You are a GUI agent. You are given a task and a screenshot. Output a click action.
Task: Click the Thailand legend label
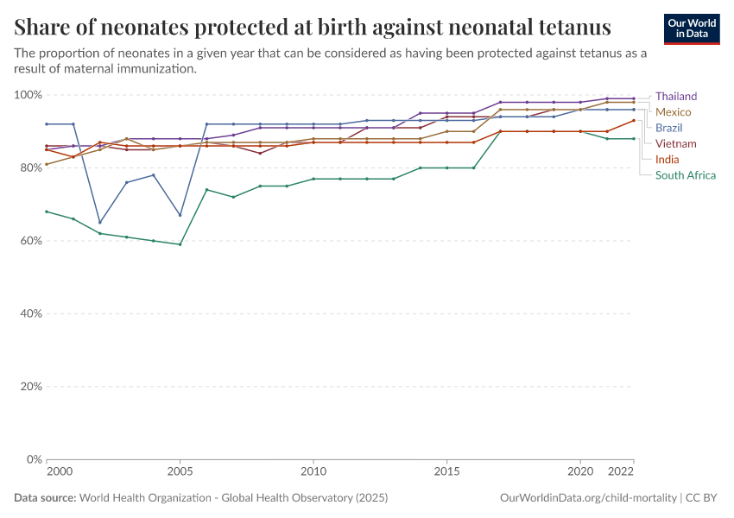pos(675,97)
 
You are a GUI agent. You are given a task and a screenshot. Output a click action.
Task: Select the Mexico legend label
pos(674,112)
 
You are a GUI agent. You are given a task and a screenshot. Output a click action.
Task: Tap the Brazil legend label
pos(668,128)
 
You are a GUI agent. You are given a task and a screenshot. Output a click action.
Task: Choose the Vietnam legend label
pos(675,143)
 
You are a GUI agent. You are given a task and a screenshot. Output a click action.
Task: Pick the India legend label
pos(667,159)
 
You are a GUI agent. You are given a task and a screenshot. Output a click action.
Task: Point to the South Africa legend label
pos(685,174)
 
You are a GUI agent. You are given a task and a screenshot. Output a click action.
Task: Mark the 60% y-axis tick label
pos(29,241)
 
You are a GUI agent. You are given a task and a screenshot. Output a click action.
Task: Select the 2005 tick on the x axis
pos(180,473)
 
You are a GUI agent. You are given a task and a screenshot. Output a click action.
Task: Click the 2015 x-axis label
pos(446,473)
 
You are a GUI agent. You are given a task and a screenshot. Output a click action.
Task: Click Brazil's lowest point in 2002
pos(100,222)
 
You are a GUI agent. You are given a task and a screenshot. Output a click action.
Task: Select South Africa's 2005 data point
pos(180,244)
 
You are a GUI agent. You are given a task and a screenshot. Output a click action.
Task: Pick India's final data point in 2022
pos(633,120)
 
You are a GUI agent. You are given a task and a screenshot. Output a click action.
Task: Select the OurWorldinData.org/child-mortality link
pos(588,498)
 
